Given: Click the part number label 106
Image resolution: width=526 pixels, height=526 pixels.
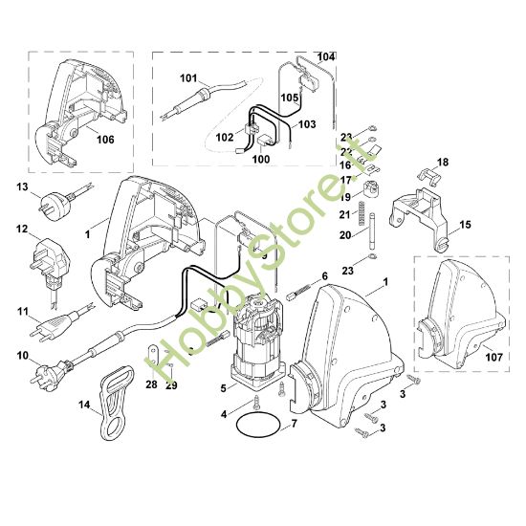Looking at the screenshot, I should click(105, 140).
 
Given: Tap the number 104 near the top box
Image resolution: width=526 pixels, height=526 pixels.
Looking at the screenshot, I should click(326, 57).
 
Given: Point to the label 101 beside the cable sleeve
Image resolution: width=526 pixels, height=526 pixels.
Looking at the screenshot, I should click(187, 77).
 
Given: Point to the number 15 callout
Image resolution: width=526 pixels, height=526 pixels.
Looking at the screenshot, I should click(466, 226).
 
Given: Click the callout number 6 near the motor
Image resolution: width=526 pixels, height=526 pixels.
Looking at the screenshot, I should click(323, 276).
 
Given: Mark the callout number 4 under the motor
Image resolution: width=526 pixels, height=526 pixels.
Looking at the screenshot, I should click(223, 413).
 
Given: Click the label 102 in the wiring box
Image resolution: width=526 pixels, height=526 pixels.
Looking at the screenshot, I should click(225, 137).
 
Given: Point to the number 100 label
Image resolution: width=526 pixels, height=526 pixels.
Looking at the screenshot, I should click(260, 159).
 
